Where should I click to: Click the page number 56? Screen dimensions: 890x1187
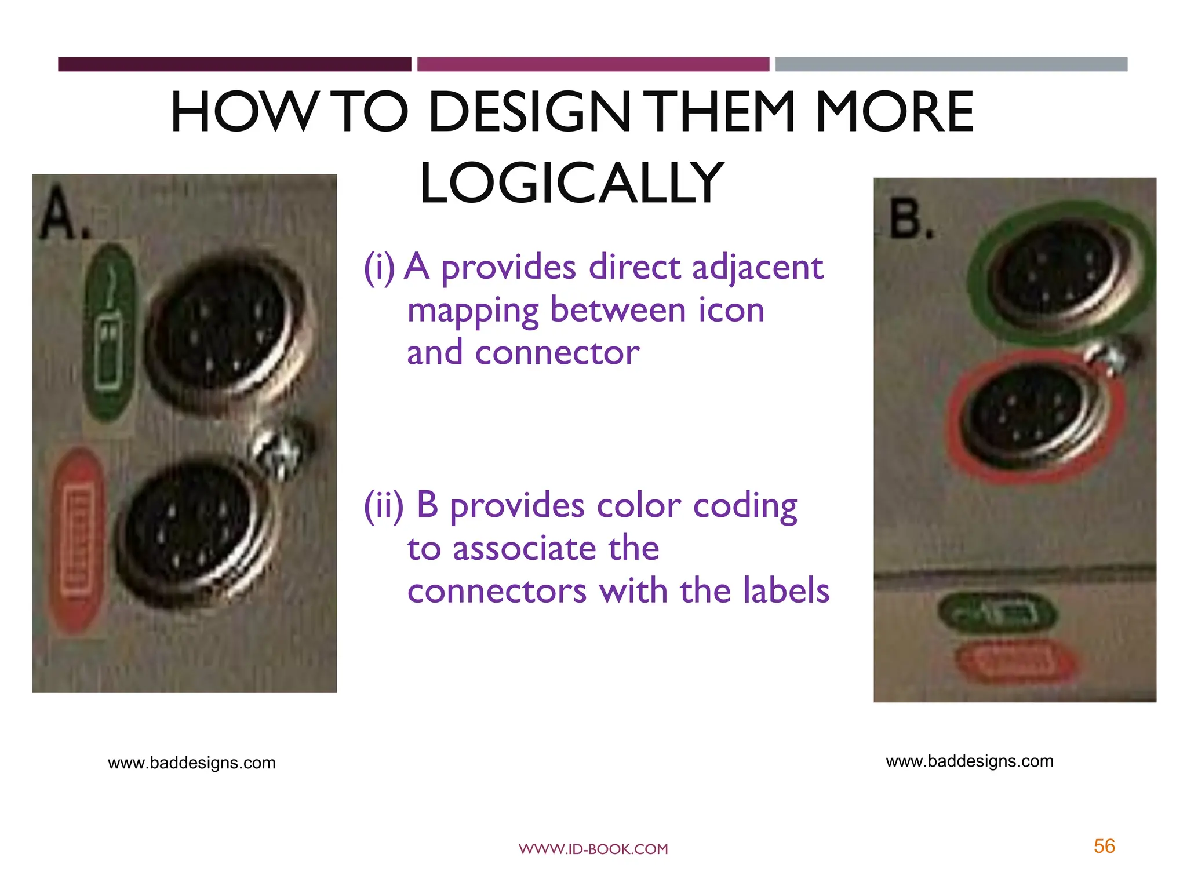click(1104, 847)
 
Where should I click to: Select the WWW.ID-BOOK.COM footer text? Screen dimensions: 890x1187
click(593, 849)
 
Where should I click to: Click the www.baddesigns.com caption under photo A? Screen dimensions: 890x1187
click(191, 763)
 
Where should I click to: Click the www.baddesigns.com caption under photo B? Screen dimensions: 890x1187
click(969, 761)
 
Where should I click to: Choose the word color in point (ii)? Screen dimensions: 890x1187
click(638, 505)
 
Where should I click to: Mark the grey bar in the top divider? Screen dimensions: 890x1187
click(951, 64)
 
